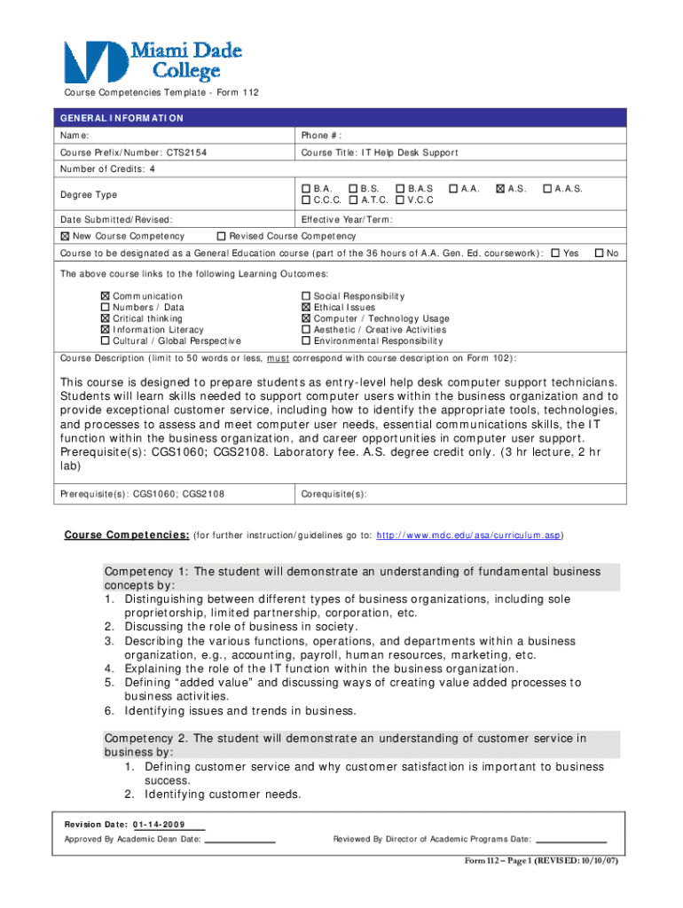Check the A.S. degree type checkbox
501,189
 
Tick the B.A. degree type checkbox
306,189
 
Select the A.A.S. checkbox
547,189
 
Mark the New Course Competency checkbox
65,237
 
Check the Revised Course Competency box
222,237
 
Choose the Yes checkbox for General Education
555,254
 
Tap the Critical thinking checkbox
106,318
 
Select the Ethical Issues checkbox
306,308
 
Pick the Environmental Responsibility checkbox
306,340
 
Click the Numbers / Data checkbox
106,308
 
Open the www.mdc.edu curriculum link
468,536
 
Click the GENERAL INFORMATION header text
122,118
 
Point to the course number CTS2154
186,153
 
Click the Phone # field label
321,136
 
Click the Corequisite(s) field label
334,494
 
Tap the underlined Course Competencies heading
127,536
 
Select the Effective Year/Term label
347,220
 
